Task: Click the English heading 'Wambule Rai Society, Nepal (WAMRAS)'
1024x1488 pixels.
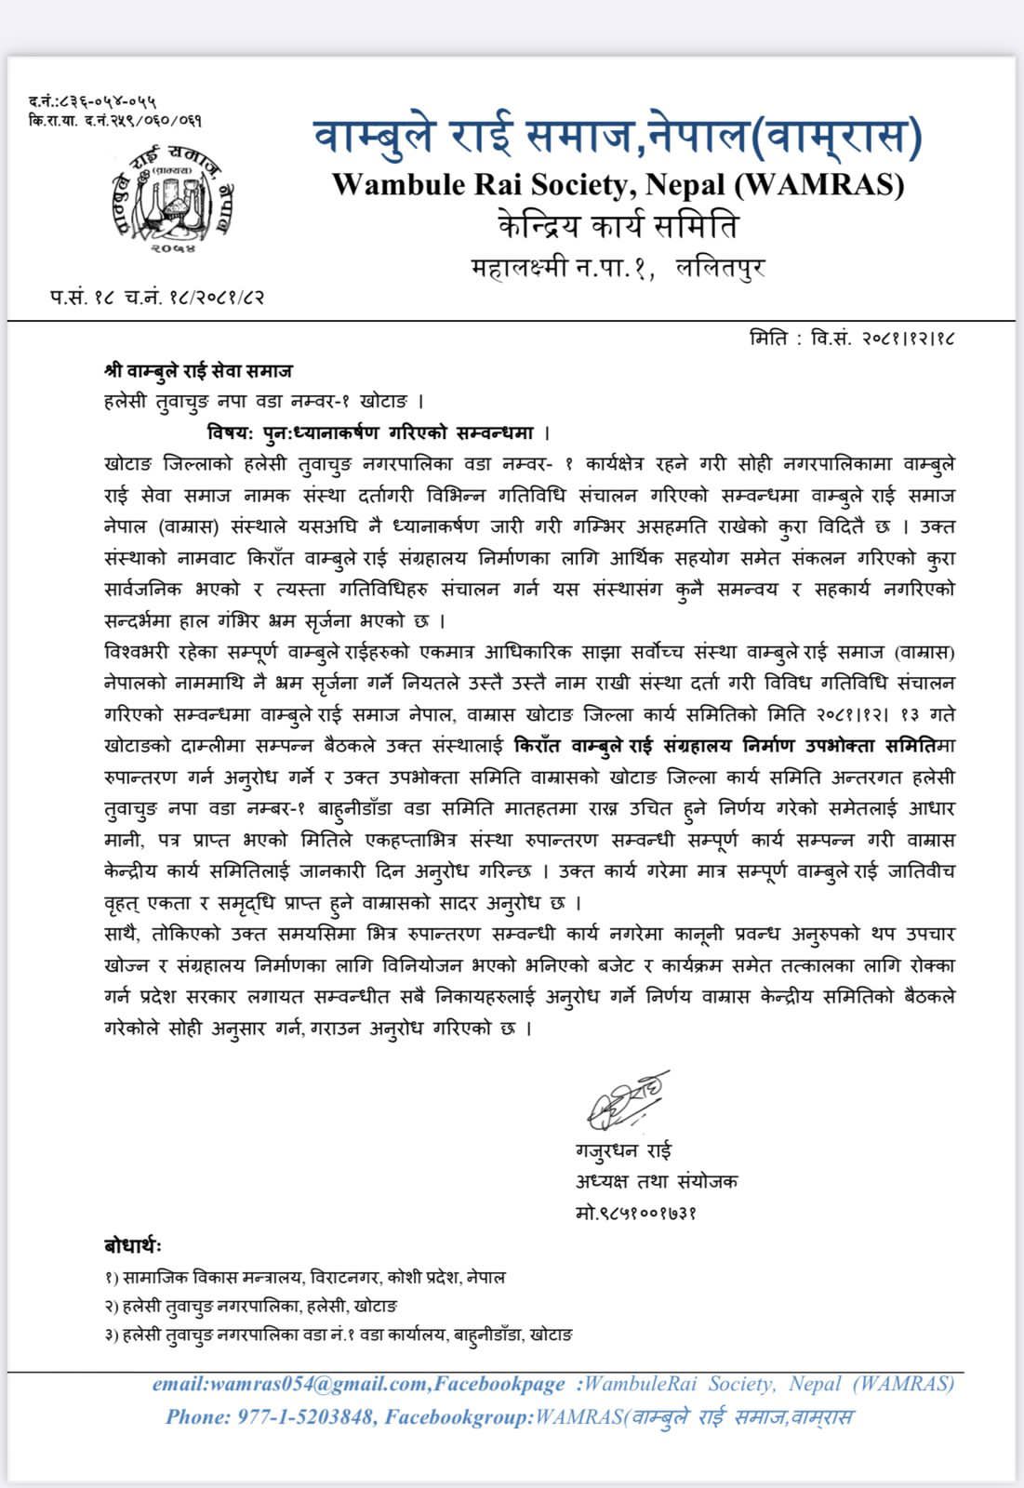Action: [618, 184]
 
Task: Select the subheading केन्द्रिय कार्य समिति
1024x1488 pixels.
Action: [618, 226]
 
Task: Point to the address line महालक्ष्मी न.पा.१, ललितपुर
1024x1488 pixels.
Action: [618, 268]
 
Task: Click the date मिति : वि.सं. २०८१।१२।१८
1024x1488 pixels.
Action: [851, 337]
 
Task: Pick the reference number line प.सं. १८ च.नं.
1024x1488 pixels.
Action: [157, 298]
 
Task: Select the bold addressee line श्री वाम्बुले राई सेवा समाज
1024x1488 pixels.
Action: [198, 371]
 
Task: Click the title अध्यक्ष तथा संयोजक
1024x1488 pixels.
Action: [656, 1182]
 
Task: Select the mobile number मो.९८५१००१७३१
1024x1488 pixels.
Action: [636, 1212]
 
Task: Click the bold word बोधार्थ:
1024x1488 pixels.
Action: [133, 1246]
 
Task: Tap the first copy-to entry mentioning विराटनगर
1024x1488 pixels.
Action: [306, 1278]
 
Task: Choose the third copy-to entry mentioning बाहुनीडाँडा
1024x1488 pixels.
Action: [339, 1335]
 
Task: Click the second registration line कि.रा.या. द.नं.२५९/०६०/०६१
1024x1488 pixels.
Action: [115, 120]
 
